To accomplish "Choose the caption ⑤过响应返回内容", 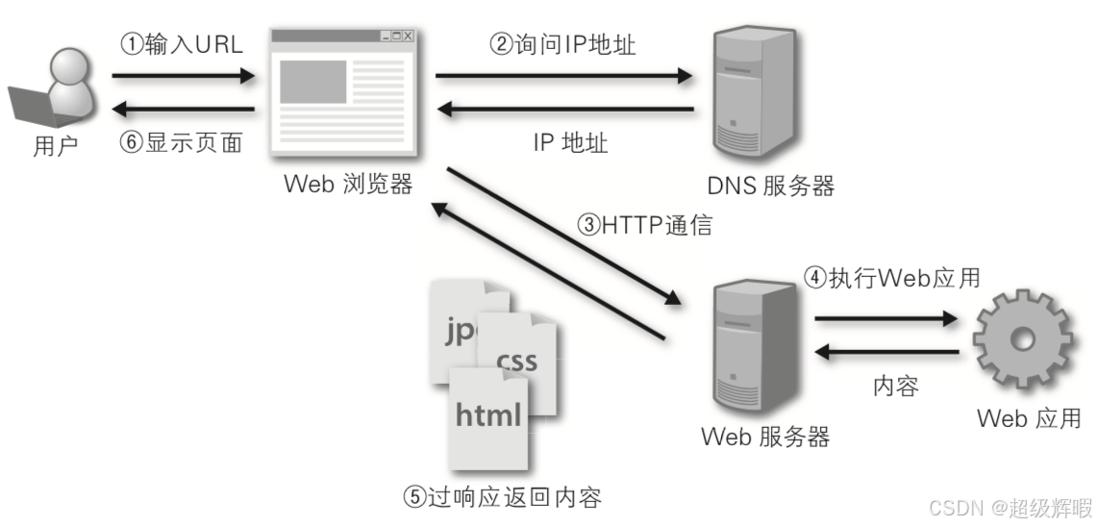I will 502,497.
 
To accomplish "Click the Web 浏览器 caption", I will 348,184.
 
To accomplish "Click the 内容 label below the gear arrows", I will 895,387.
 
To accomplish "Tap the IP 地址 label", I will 570,143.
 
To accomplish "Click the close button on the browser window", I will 408,37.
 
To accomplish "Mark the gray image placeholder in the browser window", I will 313,82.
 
